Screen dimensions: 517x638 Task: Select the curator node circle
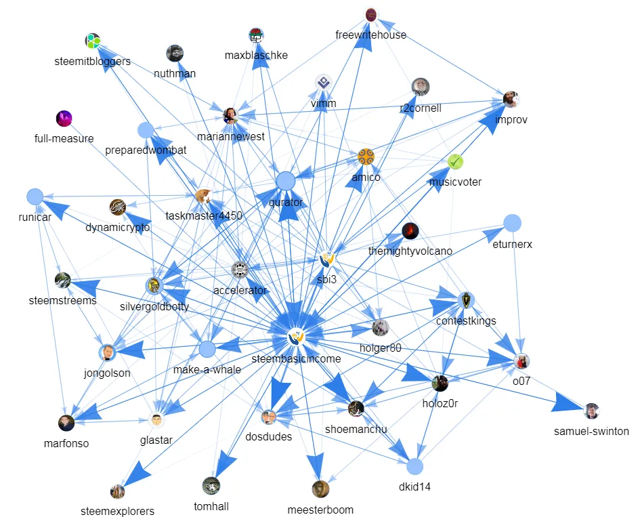click(x=286, y=181)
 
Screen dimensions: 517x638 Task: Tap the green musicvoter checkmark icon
click(x=455, y=162)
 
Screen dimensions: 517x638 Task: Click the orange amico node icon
click(x=366, y=157)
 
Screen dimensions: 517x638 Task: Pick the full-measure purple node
click(x=64, y=119)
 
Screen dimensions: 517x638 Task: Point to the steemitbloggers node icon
click(x=93, y=41)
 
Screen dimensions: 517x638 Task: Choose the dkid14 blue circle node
click(x=415, y=467)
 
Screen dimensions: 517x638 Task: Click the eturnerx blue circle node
click(x=513, y=222)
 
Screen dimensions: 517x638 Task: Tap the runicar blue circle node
click(x=35, y=197)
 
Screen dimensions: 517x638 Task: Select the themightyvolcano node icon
click(x=410, y=231)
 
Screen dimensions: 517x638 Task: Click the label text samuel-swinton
click(x=591, y=431)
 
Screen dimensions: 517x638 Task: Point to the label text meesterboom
click(x=320, y=510)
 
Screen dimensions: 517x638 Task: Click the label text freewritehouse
click(x=370, y=35)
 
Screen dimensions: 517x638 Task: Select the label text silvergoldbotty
click(x=154, y=306)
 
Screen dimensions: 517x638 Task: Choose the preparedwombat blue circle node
click(x=146, y=130)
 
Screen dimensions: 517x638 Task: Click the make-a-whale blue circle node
click(x=207, y=350)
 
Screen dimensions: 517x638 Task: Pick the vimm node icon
click(x=323, y=83)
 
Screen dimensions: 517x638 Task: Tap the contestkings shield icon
click(x=466, y=300)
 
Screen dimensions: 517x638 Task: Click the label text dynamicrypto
click(x=118, y=228)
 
